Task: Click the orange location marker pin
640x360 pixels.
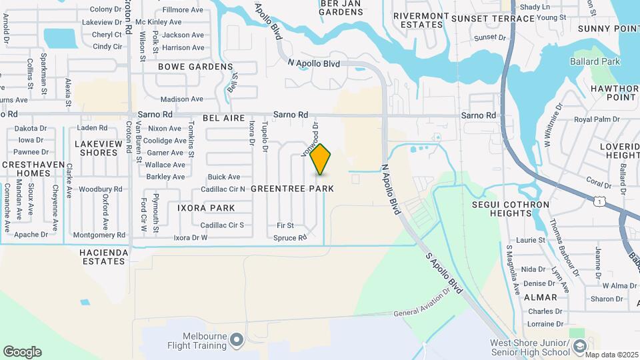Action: click(x=321, y=159)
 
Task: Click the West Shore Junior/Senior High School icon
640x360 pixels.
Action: click(x=579, y=345)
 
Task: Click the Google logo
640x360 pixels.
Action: click(x=22, y=352)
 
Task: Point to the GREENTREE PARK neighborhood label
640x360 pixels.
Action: click(x=292, y=189)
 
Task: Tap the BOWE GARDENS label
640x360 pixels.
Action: click(x=195, y=67)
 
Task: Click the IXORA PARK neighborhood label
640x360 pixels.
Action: click(x=206, y=208)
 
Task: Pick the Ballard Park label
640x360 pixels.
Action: click(x=595, y=62)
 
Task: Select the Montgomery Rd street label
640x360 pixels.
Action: click(x=99, y=235)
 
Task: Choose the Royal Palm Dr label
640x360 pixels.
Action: click(x=592, y=120)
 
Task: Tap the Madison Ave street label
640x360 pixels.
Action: click(x=182, y=99)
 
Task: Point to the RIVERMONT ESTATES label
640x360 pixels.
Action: click(x=418, y=20)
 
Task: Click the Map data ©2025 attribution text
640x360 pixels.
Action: click(x=611, y=355)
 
